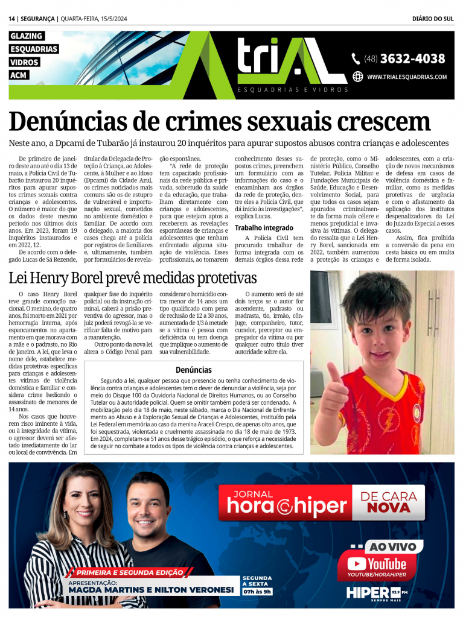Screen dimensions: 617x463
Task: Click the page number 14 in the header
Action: pos(12,19)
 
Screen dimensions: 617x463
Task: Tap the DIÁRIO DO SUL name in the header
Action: pos(433,19)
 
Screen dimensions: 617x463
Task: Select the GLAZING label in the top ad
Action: pos(27,36)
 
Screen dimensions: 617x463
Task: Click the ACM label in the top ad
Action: pos(19,75)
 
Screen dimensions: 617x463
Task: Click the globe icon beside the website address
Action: pos(357,77)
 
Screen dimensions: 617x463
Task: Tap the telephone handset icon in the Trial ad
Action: pos(356,59)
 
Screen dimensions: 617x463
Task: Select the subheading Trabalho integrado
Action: pos(264,228)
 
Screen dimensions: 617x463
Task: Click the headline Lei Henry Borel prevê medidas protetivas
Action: pos(133,278)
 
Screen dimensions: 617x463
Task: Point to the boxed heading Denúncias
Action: pos(194,370)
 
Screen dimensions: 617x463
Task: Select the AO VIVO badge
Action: pos(392,546)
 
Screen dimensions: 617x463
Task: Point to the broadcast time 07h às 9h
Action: pos(257,591)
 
